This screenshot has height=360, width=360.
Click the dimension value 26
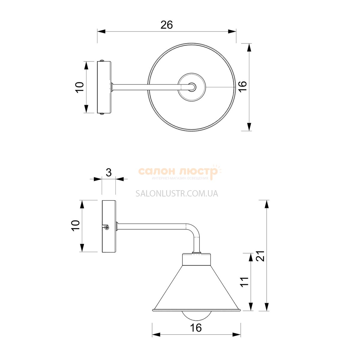(166, 25)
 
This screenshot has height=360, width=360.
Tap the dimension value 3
(109, 172)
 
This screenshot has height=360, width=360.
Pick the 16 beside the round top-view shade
(242, 86)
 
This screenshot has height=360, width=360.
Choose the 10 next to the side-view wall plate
(76, 226)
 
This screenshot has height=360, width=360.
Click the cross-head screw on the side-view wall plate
(107, 227)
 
